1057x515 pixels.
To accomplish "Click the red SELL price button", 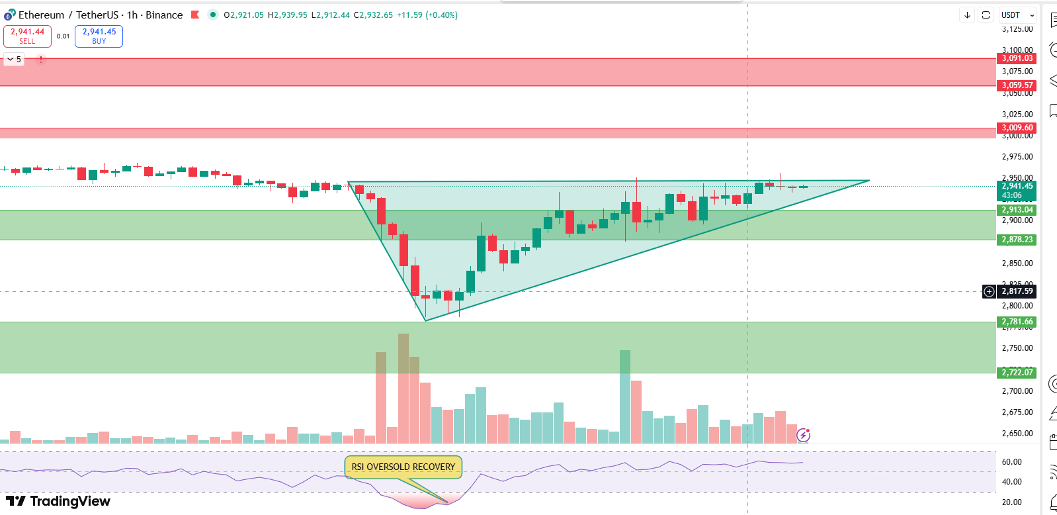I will point(27,36).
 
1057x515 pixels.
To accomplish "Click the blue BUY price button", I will point(99,36).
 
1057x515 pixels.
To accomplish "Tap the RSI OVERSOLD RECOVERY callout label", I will point(403,467).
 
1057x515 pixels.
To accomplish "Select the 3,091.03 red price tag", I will point(1017,58).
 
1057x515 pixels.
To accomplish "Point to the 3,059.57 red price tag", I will point(1017,85).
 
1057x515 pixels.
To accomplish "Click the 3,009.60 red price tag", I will point(1017,128).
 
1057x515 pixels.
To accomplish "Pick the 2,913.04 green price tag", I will point(1017,210).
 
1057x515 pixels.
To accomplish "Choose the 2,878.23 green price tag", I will point(1017,240).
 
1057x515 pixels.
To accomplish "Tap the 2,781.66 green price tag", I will point(1017,322).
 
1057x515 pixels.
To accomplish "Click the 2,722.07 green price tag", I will point(1017,373).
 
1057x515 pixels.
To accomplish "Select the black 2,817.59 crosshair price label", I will point(1017,291).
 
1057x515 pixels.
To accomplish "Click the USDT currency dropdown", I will point(1017,15).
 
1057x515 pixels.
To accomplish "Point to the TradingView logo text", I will point(59,501).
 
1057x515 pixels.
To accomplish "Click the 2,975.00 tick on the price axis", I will point(1017,157).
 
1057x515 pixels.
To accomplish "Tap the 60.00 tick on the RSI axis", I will point(1011,462).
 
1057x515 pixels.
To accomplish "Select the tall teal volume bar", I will point(625,397).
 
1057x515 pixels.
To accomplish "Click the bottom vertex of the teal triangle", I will point(425,321).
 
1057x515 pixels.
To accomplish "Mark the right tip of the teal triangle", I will point(869,180).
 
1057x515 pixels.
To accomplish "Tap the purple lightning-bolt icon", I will point(803,435).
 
